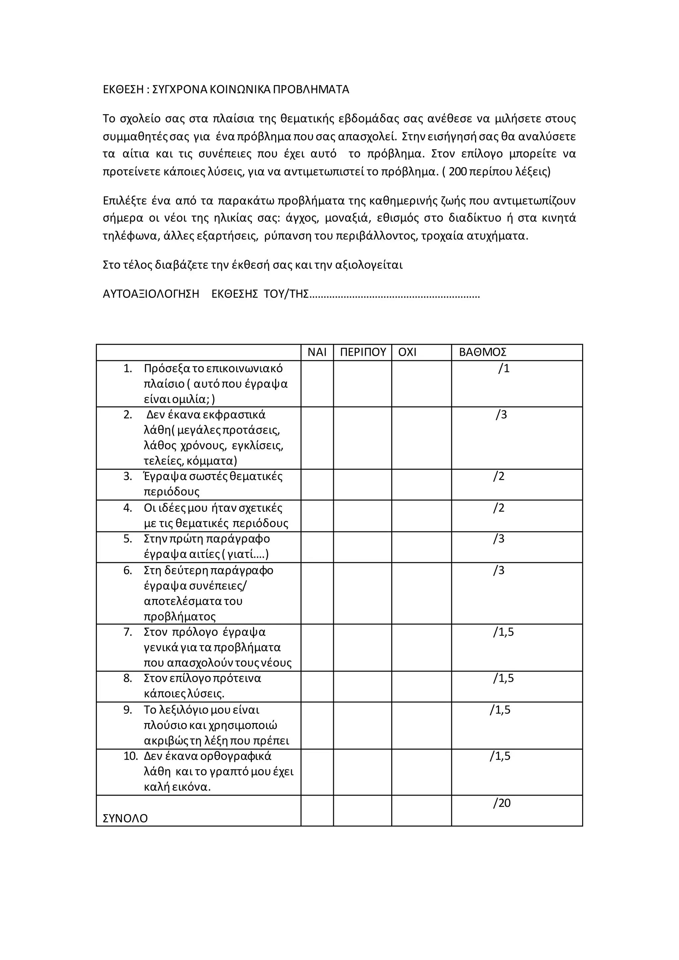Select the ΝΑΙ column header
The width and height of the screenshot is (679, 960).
(x=317, y=352)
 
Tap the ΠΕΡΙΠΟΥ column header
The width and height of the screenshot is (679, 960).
(x=362, y=352)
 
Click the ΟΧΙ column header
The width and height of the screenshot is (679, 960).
(x=407, y=352)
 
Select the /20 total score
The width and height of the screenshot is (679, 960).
(x=501, y=803)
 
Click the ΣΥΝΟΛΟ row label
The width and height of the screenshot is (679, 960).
(x=125, y=818)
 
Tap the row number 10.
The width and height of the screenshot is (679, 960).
(x=130, y=756)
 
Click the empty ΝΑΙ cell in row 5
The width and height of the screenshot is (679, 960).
(x=317, y=547)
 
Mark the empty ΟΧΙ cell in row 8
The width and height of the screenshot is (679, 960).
(x=421, y=687)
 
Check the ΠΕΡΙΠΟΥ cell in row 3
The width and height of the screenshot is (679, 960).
(x=362, y=485)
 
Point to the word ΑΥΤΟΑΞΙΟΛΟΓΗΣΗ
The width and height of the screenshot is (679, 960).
(x=151, y=294)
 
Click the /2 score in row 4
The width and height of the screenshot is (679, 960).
(x=498, y=508)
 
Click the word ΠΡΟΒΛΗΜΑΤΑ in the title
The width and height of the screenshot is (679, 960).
(x=311, y=90)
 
